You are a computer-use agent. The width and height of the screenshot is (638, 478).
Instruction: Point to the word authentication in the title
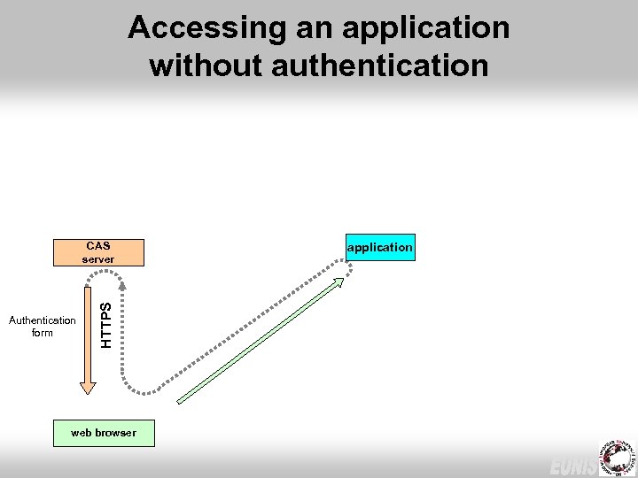click(x=383, y=66)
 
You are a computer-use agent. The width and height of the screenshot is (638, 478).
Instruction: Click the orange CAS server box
click(x=97, y=252)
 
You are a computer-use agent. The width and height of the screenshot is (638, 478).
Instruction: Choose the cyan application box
click(x=379, y=247)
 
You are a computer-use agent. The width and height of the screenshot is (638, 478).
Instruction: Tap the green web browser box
click(x=104, y=433)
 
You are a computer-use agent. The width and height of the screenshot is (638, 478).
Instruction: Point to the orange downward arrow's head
click(x=87, y=386)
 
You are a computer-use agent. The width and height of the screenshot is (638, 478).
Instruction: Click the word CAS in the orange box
click(x=97, y=245)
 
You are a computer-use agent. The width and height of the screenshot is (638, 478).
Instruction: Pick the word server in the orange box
click(x=97, y=259)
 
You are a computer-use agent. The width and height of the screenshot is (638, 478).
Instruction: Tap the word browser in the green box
click(x=116, y=433)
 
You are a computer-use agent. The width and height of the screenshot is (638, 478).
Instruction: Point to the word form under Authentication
click(x=42, y=333)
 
